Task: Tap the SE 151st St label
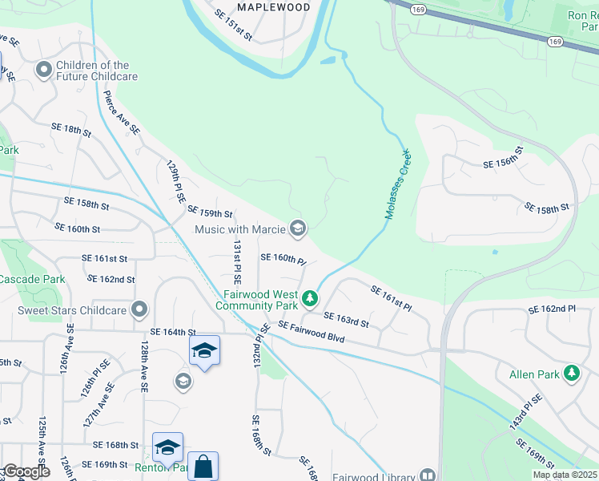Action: pyautogui.click(x=234, y=26)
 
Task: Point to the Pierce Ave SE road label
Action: pyautogui.click(x=122, y=112)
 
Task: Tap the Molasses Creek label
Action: pyautogui.click(x=397, y=184)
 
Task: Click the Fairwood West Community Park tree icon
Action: pyautogui.click(x=310, y=300)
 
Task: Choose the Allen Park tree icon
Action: pyautogui.click(x=571, y=373)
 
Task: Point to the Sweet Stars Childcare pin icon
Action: pyautogui.click(x=140, y=309)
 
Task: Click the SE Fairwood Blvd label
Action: pyautogui.click(x=311, y=333)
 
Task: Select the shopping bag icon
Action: pyautogui.click(x=203, y=466)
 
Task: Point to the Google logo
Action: pyautogui.click(x=26, y=472)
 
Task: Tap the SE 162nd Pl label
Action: pyautogui.click(x=552, y=309)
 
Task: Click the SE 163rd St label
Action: pyautogui.click(x=346, y=320)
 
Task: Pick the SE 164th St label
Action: pyautogui.click(x=173, y=331)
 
